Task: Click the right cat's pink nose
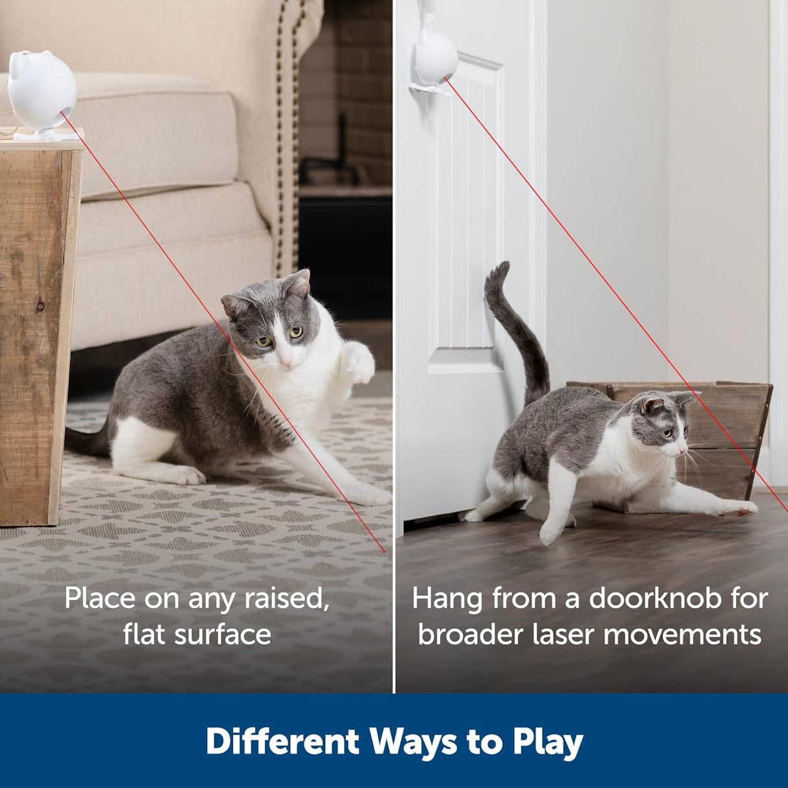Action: tap(684, 449)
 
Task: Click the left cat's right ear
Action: tap(299, 283)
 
